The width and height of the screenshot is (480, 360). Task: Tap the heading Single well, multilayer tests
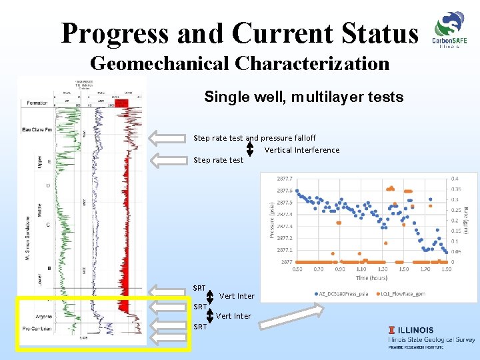(x=303, y=97)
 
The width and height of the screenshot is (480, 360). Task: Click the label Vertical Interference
(x=301, y=150)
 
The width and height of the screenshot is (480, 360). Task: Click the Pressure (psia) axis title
(x=271, y=220)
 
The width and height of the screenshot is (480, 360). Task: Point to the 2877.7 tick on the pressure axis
(x=285, y=179)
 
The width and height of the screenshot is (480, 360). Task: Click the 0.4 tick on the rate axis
(x=454, y=179)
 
